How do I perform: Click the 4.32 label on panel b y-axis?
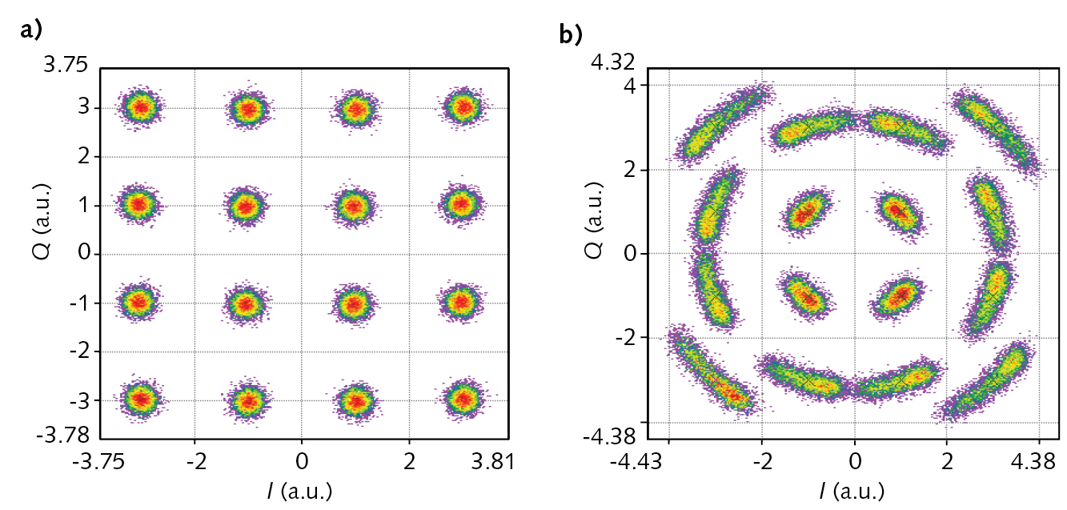click(x=616, y=62)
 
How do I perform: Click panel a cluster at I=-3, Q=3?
click(x=142, y=107)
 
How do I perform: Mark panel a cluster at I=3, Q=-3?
click(x=462, y=398)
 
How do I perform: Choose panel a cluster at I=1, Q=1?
click(x=353, y=206)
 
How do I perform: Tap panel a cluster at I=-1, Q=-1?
click(x=246, y=303)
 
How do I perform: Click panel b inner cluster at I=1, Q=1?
click(x=901, y=212)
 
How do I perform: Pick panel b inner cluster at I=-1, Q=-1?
click(x=808, y=296)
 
